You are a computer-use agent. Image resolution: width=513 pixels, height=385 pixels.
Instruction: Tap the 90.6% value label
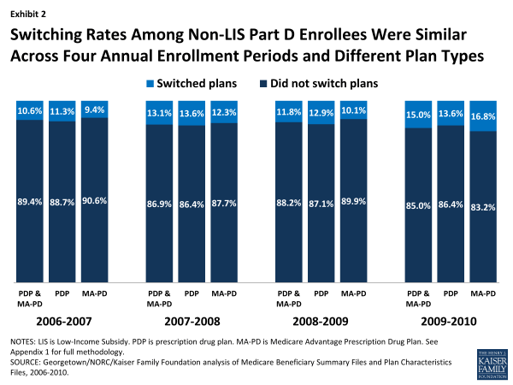(95, 202)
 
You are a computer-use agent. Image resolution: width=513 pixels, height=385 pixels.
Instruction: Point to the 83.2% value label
(483, 204)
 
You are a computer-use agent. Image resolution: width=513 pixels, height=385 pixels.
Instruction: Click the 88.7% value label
(62, 202)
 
